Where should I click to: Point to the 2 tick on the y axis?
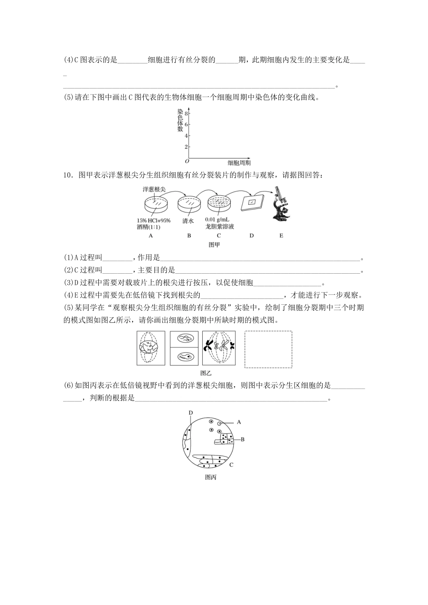(185, 147)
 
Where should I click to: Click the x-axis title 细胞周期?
(239, 163)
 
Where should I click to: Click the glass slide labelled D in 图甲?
(251, 202)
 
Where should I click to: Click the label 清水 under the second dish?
(188, 221)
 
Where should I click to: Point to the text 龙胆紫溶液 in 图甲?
(219, 227)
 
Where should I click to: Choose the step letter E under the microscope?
(282, 235)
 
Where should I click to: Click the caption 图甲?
(214, 245)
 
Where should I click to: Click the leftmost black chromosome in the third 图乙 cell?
(209, 345)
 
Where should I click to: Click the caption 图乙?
(205, 373)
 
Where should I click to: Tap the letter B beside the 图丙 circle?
(242, 439)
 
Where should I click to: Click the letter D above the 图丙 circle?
(191, 412)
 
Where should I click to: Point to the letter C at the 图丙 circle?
(231, 465)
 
